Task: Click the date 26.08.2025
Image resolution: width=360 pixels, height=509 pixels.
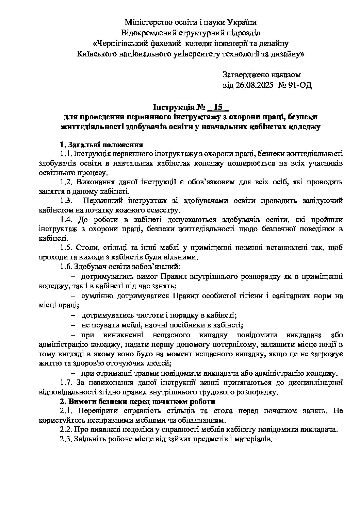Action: pyautogui.click(x=254, y=85)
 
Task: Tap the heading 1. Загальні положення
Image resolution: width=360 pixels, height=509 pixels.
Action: pyautogui.click(x=99, y=145)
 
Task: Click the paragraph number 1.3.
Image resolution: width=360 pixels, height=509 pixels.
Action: pyautogui.click(x=66, y=200)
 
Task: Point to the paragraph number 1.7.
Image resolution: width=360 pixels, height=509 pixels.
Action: pyautogui.click(x=66, y=383)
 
